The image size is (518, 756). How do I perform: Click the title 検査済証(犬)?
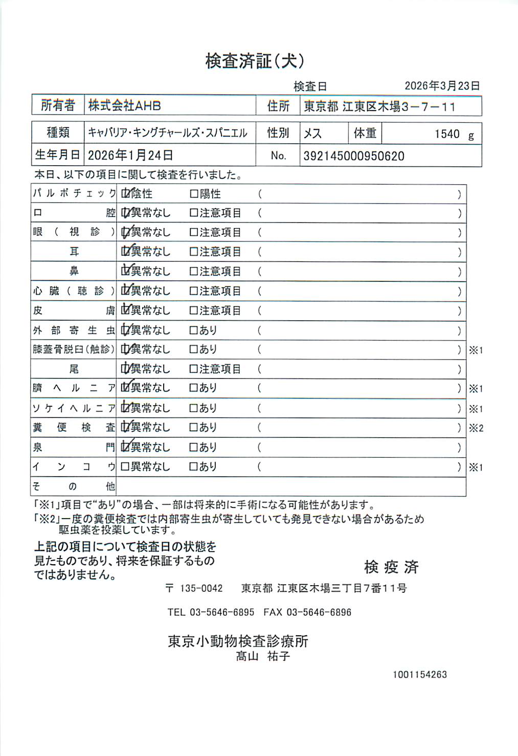(x=255, y=61)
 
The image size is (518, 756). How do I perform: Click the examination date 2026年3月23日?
(x=442, y=86)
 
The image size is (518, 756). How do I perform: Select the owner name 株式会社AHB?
(x=124, y=106)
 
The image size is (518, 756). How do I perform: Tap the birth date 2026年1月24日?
(x=130, y=155)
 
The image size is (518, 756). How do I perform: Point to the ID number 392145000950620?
(x=353, y=156)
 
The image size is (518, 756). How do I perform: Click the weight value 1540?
(x=447, y=134)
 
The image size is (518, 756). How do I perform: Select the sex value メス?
(x=312, y=134)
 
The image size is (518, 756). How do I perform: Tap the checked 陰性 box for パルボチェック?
(x=125, y=194)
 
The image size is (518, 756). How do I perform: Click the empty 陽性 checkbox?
(x=194, y=194)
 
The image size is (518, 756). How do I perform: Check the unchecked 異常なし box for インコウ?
(x=125, y=466)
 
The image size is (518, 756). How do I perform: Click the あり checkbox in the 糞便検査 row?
(x=194, y=427)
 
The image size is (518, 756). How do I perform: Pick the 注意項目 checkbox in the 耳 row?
(x=194, y=252)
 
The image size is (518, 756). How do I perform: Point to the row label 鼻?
(x=74, y=271)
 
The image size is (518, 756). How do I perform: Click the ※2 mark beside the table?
(x=476, y=428)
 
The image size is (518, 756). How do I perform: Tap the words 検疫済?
(x=391, y=567)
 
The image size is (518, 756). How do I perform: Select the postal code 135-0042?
(x=201, y=588)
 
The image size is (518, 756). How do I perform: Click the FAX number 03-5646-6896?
(x=319, y=612)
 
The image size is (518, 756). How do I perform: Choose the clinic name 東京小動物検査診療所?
(x=238, y=641)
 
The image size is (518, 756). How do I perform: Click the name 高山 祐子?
(x=263, y=656)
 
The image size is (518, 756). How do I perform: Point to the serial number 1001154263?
(x=419, y=675)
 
